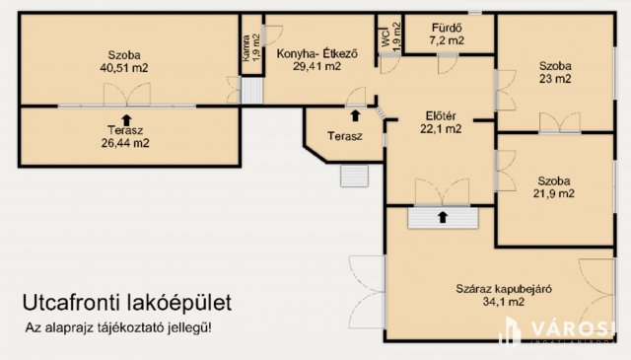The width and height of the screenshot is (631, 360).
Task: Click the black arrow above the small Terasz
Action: tap(354, 101)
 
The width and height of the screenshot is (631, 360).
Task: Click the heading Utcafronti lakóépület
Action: tap(128, 303)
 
